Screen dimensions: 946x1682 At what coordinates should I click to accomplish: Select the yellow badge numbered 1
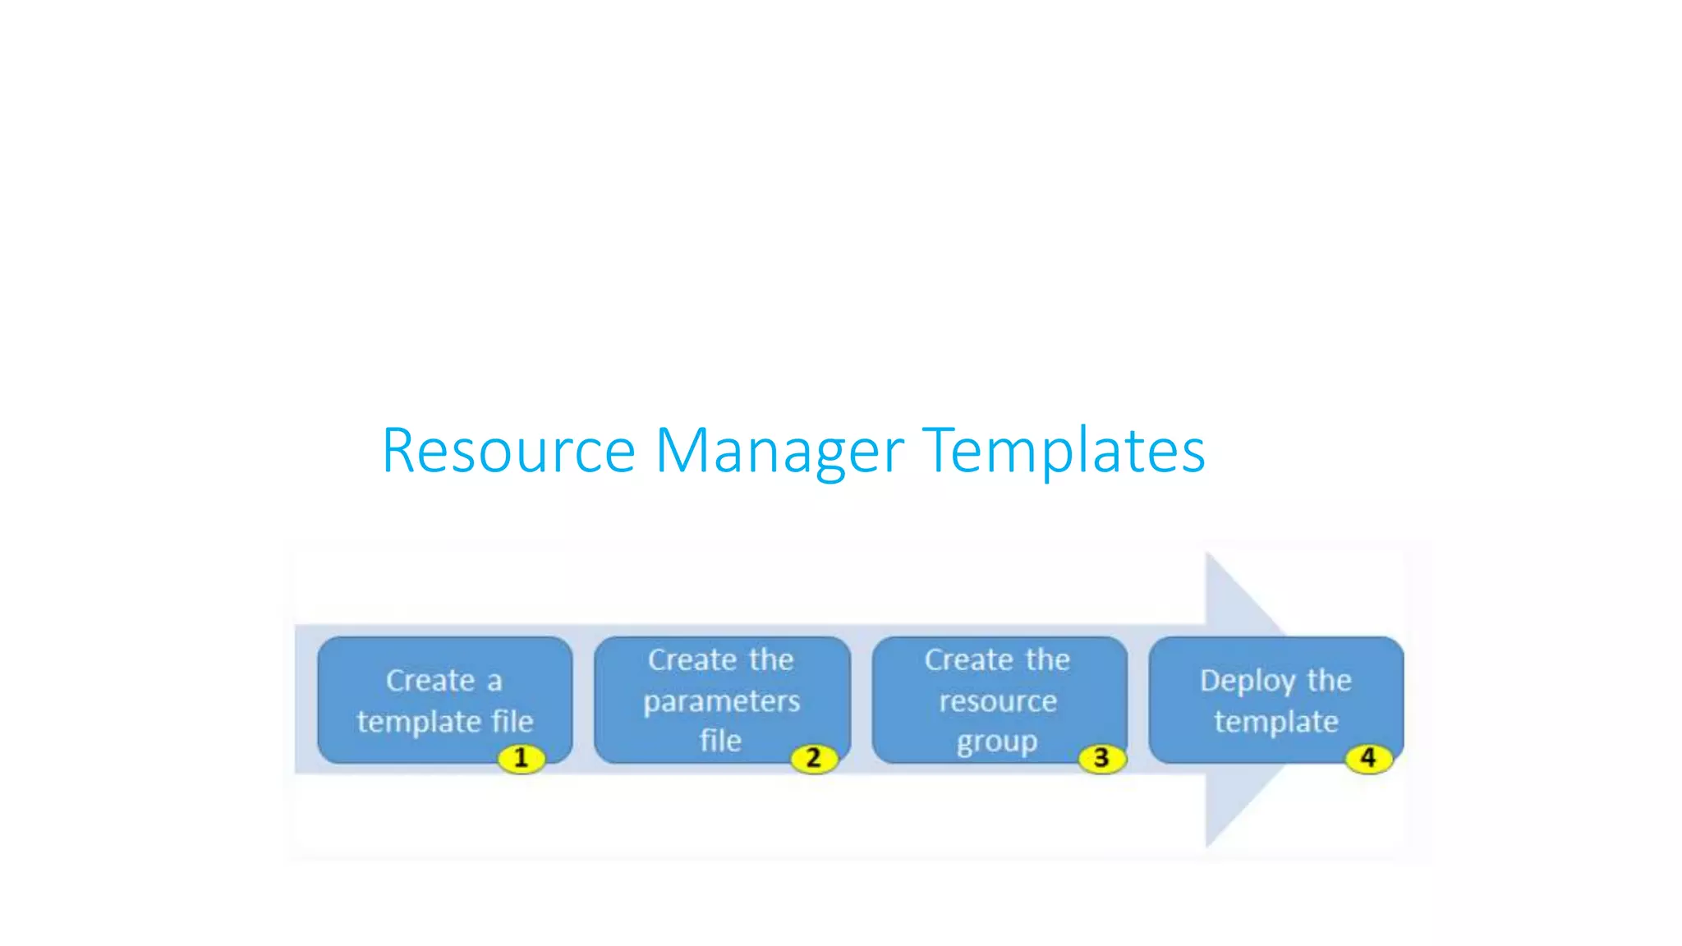tap(521, 758)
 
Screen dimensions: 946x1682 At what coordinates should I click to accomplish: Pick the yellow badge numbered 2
tap(813, 758)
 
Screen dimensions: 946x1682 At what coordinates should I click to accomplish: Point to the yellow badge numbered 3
tap(1101, 758)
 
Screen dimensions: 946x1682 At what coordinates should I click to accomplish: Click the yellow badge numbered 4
tap(1368, 757)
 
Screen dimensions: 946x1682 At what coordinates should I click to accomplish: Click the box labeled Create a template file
tap(444, 700)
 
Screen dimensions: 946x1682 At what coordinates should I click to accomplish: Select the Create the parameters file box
tap(721, 700)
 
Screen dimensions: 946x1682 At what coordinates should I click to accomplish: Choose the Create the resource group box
tap(998, 700)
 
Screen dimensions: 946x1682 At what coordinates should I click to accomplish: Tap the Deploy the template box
tap(1275, 700)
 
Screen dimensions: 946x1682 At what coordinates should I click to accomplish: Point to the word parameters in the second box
tap(721, 701)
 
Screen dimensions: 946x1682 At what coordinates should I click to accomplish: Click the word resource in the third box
tap(998, 701)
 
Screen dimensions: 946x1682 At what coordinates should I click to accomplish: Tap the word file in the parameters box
tap(720, 741)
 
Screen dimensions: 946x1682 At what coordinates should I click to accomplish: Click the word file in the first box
tap(512, 721)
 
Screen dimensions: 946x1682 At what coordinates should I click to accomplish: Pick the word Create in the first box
tap(430, 681)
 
